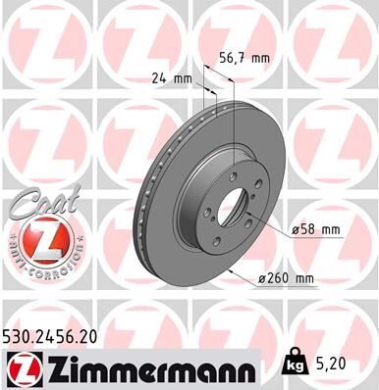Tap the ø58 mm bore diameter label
coord(315,230)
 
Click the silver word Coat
coord(39,203)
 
